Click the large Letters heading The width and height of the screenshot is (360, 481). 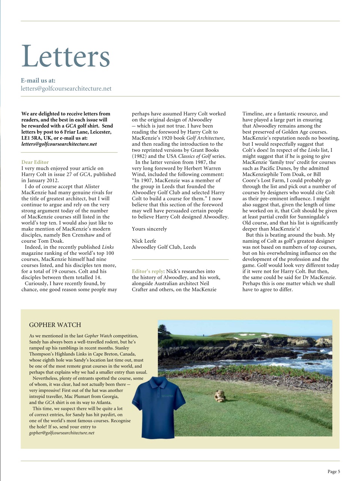[66, 56]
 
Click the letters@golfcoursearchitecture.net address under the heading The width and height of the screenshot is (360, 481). [66, 89]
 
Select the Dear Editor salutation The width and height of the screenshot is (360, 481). [35, 162]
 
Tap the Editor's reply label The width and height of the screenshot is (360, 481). [148, 271]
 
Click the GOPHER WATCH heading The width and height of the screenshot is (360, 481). [55, 325]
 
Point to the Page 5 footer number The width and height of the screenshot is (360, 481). [333, 472]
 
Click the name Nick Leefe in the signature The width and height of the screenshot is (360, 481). [144, 241]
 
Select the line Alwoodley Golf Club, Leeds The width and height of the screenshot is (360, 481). [164, 247]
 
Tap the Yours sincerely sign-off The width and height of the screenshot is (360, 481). [149, 229]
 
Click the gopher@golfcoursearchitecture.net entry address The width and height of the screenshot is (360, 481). [62, 433]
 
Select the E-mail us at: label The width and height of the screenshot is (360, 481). [38, 80]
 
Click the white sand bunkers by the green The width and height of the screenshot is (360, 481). [246, 334]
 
